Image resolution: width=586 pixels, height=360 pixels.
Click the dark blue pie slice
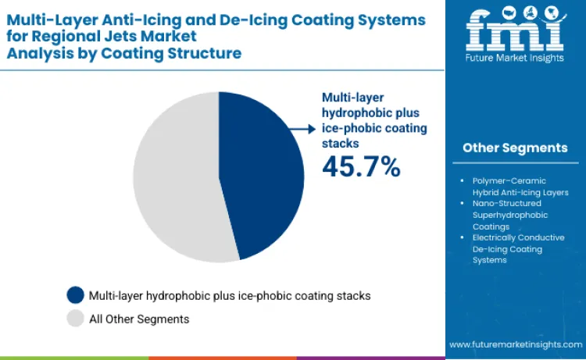click(262, 176)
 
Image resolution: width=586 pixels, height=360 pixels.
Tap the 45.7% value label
click(361, 166)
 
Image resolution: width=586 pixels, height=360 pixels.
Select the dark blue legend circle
click(76, 296)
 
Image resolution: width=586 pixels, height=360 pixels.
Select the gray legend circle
click(76, 319)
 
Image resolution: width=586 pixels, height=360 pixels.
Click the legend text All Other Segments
click(139, 319)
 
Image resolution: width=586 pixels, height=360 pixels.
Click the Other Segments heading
click(514, 148)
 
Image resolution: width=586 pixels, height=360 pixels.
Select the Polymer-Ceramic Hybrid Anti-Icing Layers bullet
click(520, 187)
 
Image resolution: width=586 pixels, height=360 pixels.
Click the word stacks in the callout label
click(341, 144)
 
